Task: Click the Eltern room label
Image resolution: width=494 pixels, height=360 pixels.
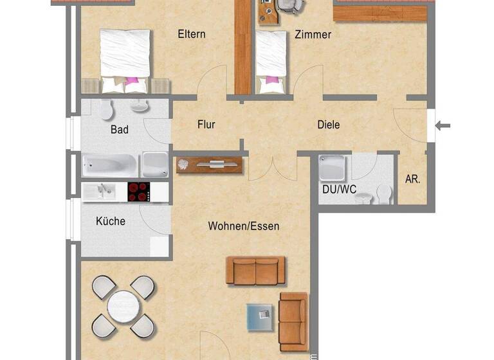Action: coord(192,34)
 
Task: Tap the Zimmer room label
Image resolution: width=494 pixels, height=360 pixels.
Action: coord(313,35)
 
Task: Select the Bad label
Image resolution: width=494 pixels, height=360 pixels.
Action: coord(120,130)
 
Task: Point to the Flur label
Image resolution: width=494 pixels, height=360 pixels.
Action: coord(206,125)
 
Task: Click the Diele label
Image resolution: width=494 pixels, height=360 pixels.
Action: coord(328,125)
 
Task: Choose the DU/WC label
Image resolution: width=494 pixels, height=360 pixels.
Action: coord(339,190)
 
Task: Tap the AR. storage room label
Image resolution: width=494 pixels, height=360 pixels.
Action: coord(412,180)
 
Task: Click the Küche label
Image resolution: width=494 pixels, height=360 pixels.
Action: coord(111,221)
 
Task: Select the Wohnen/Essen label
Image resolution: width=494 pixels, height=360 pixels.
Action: coord(243,226)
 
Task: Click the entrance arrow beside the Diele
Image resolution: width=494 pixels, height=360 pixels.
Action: coord(443,125)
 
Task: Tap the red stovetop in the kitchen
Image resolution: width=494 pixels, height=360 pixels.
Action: coord(138,192)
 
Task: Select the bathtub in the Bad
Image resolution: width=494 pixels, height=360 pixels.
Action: coord(109,165)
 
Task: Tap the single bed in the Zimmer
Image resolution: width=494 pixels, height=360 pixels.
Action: coord(271,57)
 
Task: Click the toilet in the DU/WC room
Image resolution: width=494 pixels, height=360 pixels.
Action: coord(385,192)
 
